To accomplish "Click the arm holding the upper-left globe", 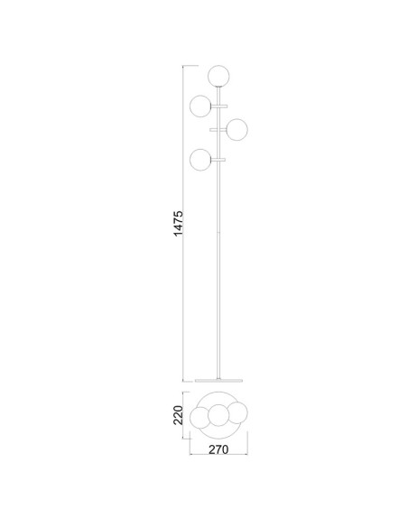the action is point(219,106).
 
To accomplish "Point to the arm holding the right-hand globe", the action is point(218,129).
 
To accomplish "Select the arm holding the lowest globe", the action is point(218,160).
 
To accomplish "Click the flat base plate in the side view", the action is point(218,381).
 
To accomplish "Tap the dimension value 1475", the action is point(178,224).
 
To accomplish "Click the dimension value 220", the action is point(178,415).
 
